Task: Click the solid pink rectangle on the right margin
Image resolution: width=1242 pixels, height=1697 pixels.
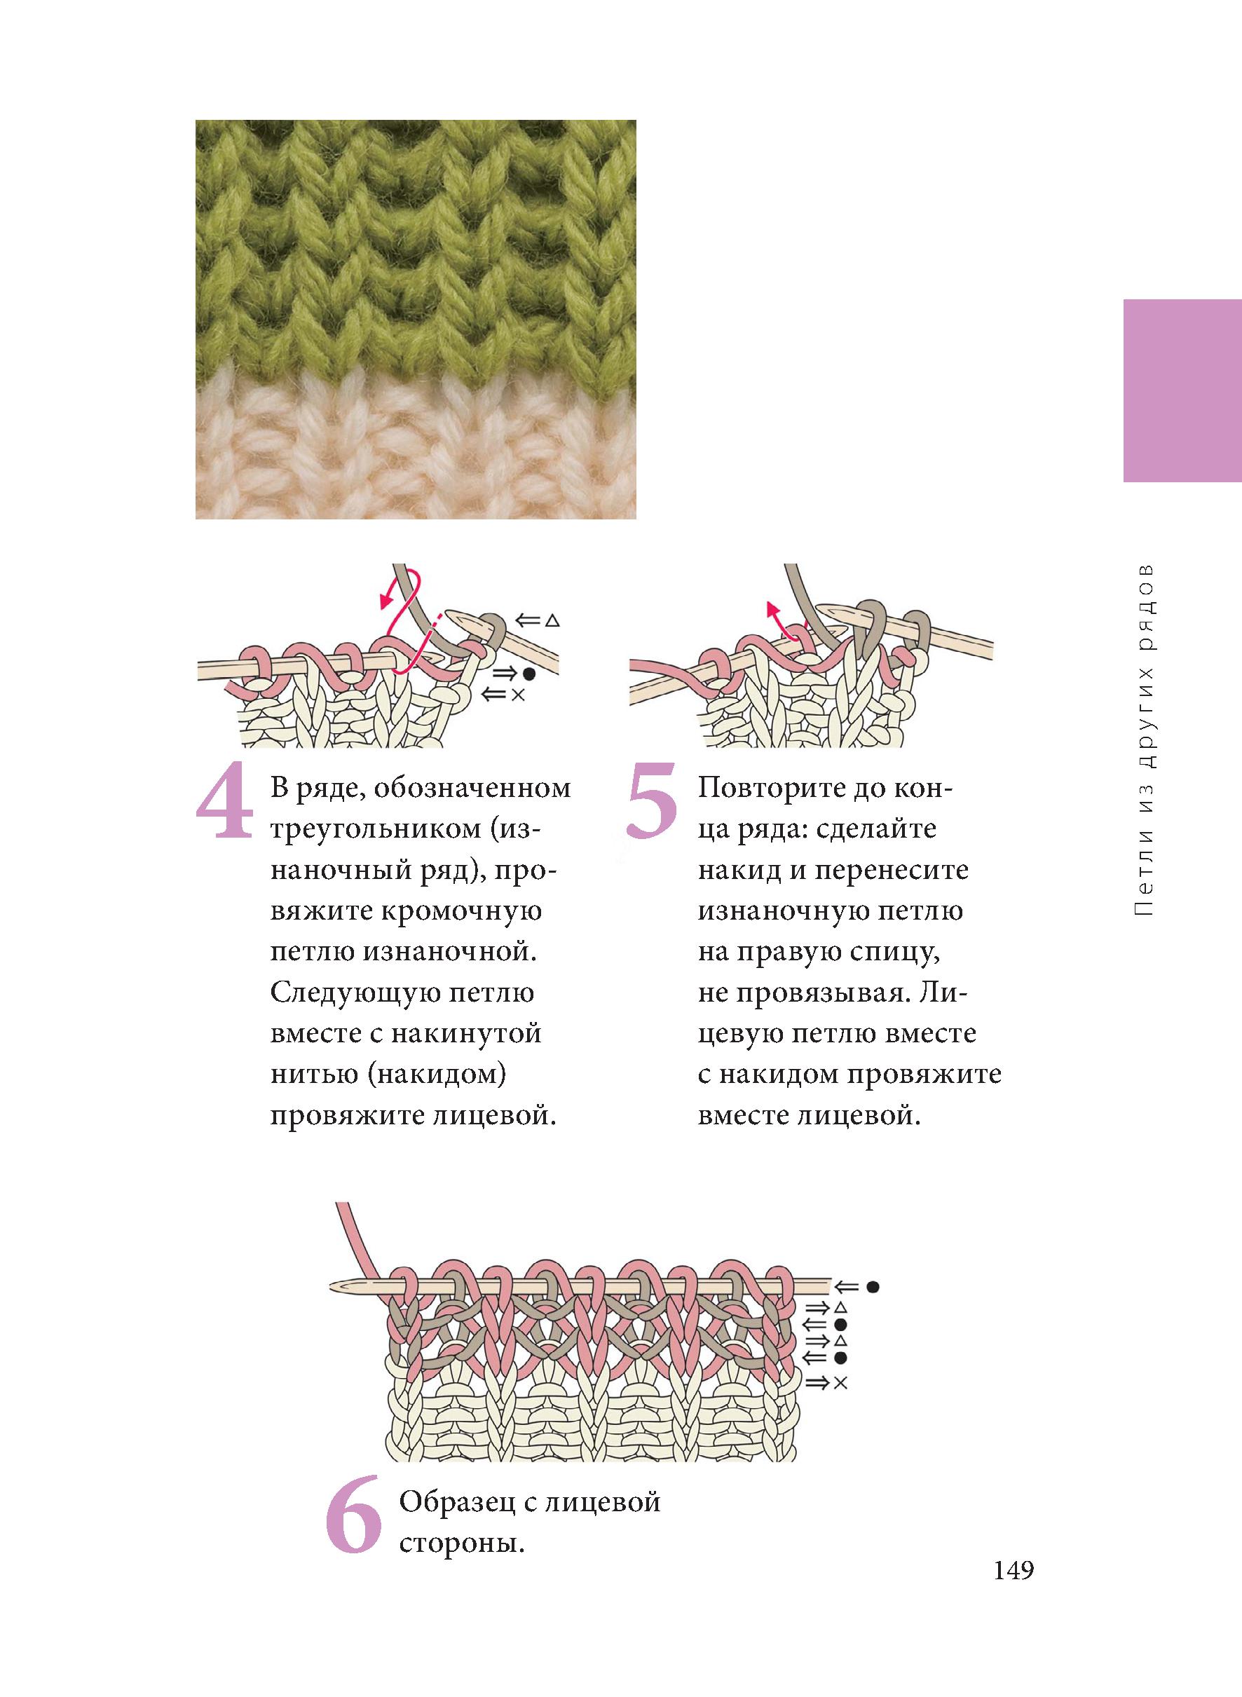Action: (x=1182, y=390)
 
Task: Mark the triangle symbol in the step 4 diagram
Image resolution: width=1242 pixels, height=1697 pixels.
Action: (x=552, y=621)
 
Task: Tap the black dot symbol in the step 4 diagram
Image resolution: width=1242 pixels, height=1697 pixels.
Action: (x=530, y=674)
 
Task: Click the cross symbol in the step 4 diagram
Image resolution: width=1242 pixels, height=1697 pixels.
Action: (x=518, y=695)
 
